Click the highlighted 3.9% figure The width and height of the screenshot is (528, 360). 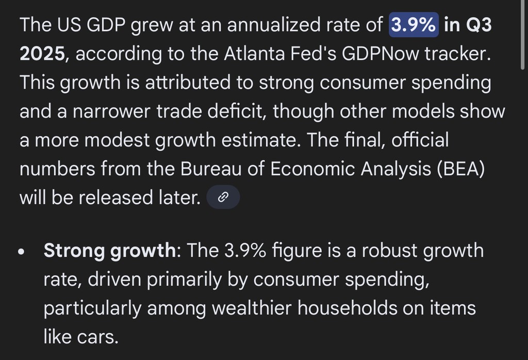point(414,25)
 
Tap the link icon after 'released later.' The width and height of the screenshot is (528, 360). point(223,197)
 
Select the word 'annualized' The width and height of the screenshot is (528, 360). point(274,25)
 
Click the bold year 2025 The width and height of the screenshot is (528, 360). point(43,54)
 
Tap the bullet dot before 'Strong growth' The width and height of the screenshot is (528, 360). point(21,252)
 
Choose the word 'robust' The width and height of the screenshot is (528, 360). point(378,251)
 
